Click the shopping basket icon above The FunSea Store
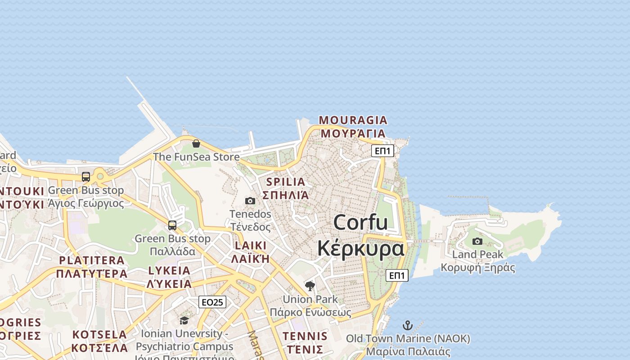[196, 144]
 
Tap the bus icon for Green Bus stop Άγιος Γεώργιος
[86, 177]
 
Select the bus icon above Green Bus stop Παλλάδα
[172, 225]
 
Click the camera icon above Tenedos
[250, 201]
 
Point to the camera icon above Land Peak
[477, 241]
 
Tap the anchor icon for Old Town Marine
[407, 325]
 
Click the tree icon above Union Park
[310, 286]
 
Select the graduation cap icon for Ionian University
[184, 320]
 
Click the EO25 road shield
[212, 302]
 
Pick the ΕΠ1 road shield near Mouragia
[382, 151]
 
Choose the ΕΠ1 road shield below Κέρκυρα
[397, 275]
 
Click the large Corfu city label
[360, 222]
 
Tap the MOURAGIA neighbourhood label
[353, 120]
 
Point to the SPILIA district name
[286, 182]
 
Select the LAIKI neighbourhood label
[251, 246]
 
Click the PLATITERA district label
[92, 260]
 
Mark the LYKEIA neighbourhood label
[169, 270]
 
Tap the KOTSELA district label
[100, 335]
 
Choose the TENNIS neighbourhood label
[305, 336]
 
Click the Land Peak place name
[477, 254]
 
